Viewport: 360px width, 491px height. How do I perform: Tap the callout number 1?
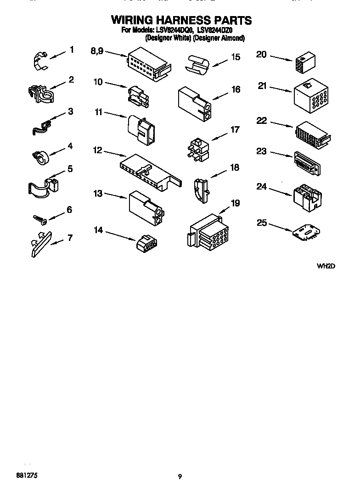pyautogui.click(x=72, y=49)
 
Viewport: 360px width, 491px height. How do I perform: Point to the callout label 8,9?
pyautogui.click(x=98, y=51)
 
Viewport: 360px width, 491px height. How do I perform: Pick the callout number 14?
pyautogui.click(x=99, y=229)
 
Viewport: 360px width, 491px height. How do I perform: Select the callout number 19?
pyautogui.click(x=235, y=203)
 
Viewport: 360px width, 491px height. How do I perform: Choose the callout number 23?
pyautogui.click(x=261, y=151)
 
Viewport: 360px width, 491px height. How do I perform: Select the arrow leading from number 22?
pyautogui.click(x=281, y=124)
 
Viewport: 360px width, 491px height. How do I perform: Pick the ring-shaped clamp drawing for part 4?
pyautogui.click(x=41, y=156)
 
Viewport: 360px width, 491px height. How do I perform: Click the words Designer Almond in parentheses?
pyautogui.click(x=219, y=39)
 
